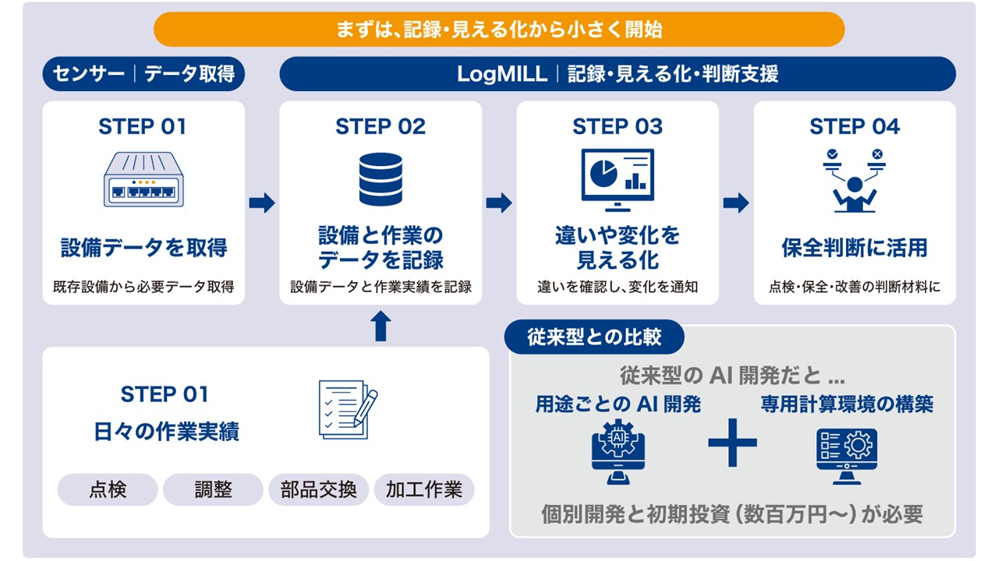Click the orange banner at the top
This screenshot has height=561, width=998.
(x=499, y=30)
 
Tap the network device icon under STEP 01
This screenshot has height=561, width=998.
(x=143, y=179)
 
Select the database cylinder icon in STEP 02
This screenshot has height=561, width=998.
(x=380, y=179)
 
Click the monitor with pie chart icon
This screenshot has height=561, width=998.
(x=618, y=180)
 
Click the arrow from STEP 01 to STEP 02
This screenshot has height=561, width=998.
(x=262, y=203)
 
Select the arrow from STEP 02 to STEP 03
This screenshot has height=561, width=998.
(x=499, y=203)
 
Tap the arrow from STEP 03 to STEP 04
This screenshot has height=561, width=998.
(x=736, y=203)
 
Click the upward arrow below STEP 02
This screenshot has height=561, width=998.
(x=380, y=326)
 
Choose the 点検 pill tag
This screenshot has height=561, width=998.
(x=108, y=489)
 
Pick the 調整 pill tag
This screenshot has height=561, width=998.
(x=213, y=489)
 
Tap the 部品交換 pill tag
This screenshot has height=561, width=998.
(x=319, y=489)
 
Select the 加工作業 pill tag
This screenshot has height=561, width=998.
(x=424, y=489)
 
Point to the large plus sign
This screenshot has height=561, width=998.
(x=732, y=443)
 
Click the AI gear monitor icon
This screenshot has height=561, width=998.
(x=618, y=451)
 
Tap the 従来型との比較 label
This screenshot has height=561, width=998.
(x=594, y=337)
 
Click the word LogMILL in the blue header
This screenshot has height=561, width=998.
(x=502, y=74)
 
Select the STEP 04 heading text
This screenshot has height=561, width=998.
(x=855, y=126)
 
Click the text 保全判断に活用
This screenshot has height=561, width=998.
(x=855, y=248)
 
